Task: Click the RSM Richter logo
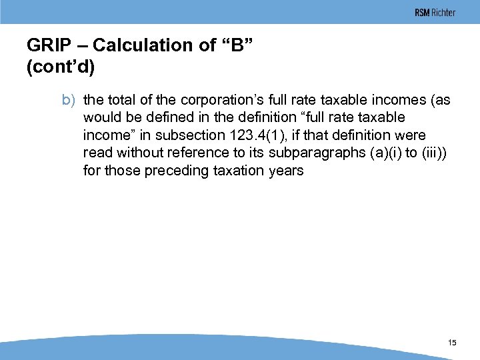[x=435, y=13]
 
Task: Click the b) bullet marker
[x=70, y=100]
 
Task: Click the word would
[x=102, y=117]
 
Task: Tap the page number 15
[x=453, y=343]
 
